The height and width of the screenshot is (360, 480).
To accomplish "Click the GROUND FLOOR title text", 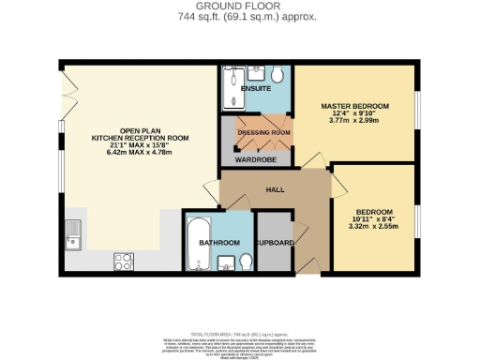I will pyautogui.click(x=241, y=6).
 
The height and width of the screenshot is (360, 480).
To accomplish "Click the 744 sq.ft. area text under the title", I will pyautogui.click(x=241, y=17).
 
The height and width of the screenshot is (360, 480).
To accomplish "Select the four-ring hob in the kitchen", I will pyautogui.click(x=124, y=260).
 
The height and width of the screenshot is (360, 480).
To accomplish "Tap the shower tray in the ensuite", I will pyautogui.click(x=231, y=90).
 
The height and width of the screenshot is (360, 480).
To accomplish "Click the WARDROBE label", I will pyautogui.click(x=256, y=159).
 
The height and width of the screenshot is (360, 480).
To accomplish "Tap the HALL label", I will pyautogui.click(x=275, y=189).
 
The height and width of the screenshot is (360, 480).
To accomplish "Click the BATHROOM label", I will pyautogui.click(x=218, y=242).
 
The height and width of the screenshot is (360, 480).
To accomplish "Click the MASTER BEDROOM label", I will pyautogui.click(x=354, y=105).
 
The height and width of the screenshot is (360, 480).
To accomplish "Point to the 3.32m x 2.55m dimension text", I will pyautogui.click(x=374, y=228).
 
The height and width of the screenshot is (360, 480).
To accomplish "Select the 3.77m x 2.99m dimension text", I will pyautogui.click(x=354, y=120).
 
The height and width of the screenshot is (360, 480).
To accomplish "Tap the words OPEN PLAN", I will pyautogui.click(x=140, y=130).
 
